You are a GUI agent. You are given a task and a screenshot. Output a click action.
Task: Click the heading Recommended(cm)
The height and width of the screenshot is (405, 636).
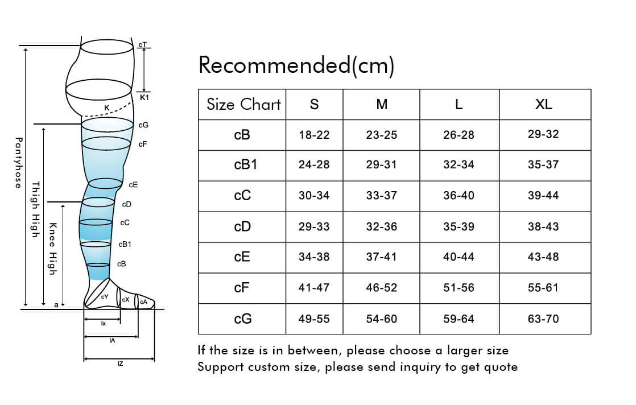296,66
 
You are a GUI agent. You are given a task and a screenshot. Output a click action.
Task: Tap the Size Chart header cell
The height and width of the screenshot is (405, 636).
243,104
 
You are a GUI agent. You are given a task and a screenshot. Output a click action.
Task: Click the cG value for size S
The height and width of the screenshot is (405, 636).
314,319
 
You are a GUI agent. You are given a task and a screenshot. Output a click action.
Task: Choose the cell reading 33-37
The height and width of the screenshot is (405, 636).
382,196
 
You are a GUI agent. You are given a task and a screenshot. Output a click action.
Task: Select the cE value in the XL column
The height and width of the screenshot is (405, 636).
543,257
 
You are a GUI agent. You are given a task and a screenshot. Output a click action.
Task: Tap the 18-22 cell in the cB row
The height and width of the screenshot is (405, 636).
314,135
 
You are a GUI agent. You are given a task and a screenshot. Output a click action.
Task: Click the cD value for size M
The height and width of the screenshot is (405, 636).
382,227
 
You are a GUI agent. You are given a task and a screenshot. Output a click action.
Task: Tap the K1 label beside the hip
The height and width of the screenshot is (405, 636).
144,98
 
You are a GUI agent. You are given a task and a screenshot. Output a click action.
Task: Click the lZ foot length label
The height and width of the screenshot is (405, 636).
120,363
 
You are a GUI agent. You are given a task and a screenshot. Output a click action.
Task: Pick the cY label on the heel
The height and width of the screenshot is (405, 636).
105,297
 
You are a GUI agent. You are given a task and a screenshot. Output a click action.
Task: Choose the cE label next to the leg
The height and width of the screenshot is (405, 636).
133,185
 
